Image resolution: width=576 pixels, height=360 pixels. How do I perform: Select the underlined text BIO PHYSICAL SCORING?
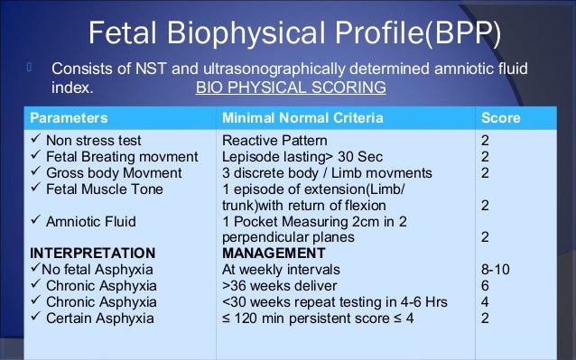(x=290, y=88)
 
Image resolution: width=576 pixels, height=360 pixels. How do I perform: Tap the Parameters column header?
(x=70, y=118)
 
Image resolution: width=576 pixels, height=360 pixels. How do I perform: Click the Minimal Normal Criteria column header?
(x=302, y=118)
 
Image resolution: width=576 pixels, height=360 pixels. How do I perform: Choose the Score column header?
(x=500, y=118)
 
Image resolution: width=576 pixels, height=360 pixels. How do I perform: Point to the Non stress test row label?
(x=93, y=141)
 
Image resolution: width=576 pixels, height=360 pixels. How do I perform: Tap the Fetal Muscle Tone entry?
(x=103, y=189)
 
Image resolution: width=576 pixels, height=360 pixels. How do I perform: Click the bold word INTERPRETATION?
(x=92, y=253)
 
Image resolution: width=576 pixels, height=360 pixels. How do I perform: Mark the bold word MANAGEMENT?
(x=274, y=253)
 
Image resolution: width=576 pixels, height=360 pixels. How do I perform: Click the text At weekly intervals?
(x=280, y=269)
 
